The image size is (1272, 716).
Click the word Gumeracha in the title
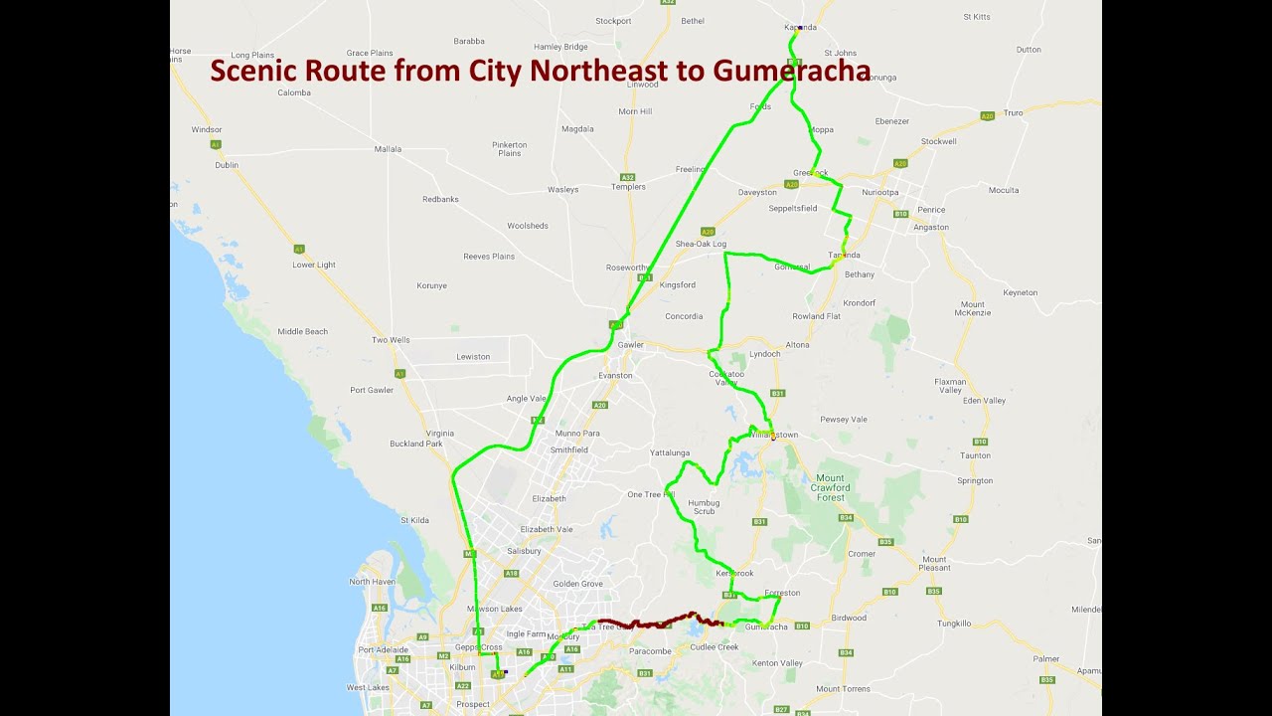tap(791, 72)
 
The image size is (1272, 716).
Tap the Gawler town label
tap(630, 345)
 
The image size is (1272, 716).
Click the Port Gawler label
tap(372, 390)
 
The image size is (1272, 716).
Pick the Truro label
tap(1013, 113)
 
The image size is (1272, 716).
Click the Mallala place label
tap(388, 149)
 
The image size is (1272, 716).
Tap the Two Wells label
tap(391, 340)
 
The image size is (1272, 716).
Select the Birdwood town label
tap(849, 618)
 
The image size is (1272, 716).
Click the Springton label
tap(974, 480)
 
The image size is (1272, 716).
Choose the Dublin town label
tap(227, 165)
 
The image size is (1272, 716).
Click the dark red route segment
tap(656, 625)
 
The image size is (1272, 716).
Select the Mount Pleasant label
tap(934, 564)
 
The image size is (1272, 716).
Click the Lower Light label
tap(313, 265)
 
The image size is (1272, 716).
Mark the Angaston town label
tap(931, 227)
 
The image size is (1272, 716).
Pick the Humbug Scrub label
tap(703, 507)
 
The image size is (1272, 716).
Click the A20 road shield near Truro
tap(987, 116)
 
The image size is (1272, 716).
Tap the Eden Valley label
tap(984, 401)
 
